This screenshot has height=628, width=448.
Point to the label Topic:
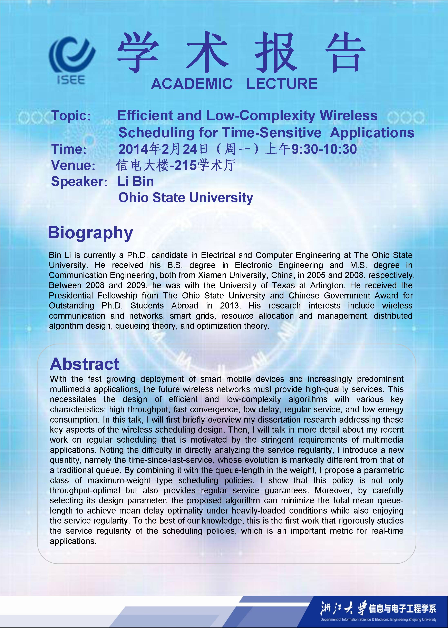tap(71, 116)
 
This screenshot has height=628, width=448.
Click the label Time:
tap(69, 149)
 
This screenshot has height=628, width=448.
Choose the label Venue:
tap(73, 165)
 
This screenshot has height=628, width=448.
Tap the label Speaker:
tap(79, 182)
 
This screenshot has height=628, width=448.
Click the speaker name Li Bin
tap(135, 182)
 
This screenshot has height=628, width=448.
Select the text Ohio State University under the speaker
tap(185, 198)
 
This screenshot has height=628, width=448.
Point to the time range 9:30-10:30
tap(324, 149)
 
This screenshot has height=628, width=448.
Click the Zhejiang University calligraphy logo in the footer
tap(343, 608)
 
